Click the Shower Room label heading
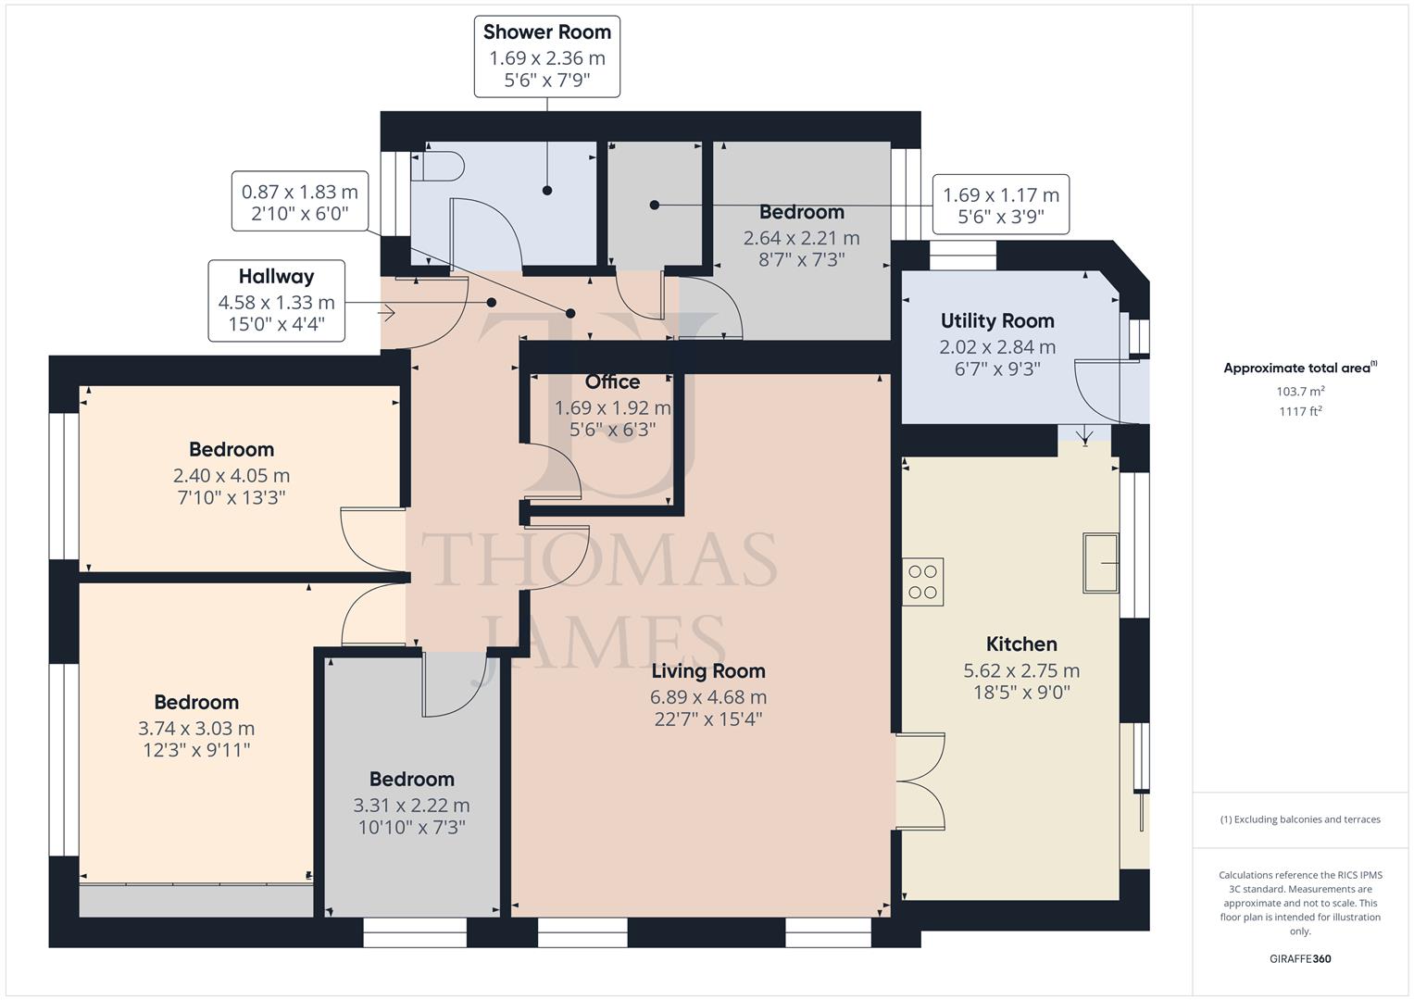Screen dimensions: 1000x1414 pyautogui.click(x=546, y=31)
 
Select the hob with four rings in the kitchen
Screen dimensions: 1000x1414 pyautogui.click(x=923, y=582)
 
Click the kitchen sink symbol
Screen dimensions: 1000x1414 pyautogui.click(x=1102, y=562)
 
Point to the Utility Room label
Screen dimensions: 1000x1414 pyautogui.click(x=996, y=321)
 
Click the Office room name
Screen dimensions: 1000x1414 pyautogui.click(x=612, y=381)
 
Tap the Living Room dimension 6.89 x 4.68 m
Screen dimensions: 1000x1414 pyautogui.click(x=708, y=696)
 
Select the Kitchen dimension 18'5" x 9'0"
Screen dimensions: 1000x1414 pyautogui.click(x=1020, y=693)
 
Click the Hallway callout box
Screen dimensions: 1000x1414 pyautogui.click(x=276, y=301)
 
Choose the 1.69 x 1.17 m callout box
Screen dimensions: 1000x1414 pyautogui.click(x=1000, y=205)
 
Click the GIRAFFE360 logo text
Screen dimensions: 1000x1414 pyautogui.click(x=1299, y=959)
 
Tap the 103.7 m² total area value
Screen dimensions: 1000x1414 pyautogui.click(x=1300, y=392)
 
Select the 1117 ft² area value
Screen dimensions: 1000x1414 pyautogui.click(x=1300, y=412)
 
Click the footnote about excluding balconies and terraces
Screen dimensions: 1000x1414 pyautogui.click(x=1300, y=819)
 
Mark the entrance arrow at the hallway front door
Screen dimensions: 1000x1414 pyautogui.click(x=387, y=314)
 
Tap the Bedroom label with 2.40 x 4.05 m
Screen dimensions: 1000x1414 pyautogui.click(x=231, y=450)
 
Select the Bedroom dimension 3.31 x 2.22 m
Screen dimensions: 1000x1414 pyautogui.click(x=411, y=805)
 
